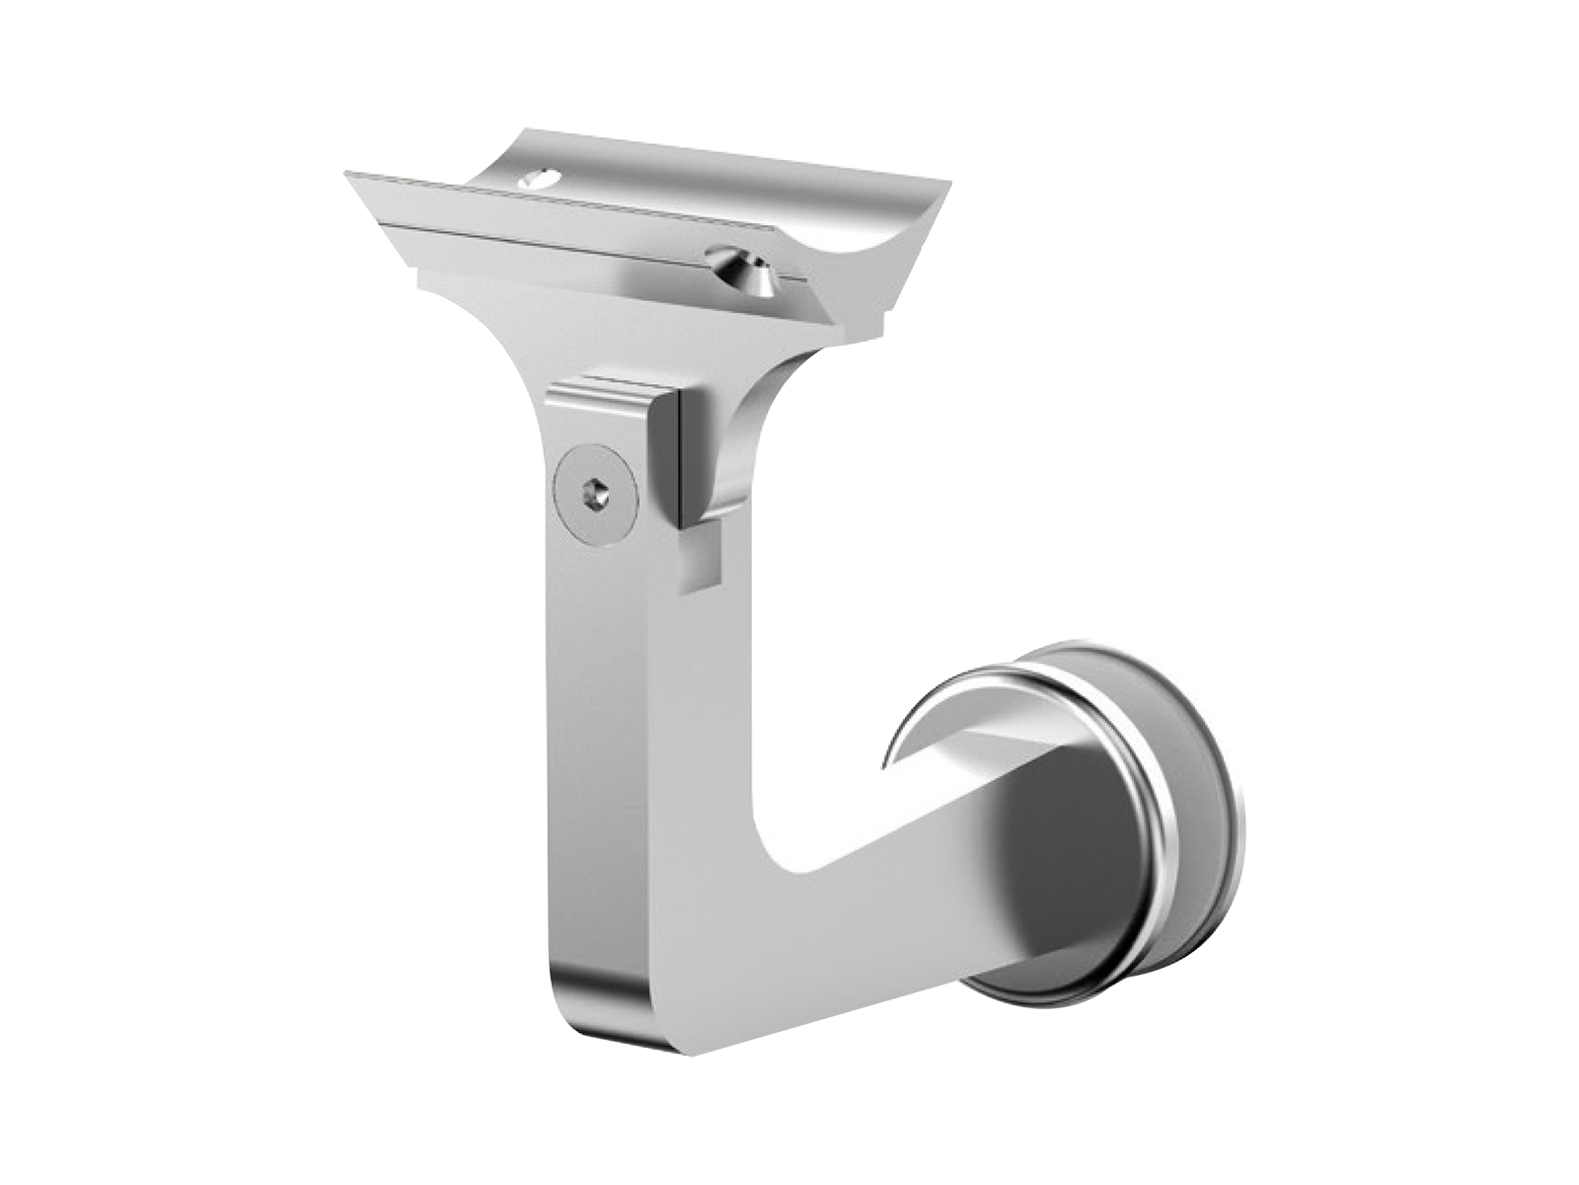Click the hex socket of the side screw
coord(595,491)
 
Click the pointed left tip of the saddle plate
coord(347,176)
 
